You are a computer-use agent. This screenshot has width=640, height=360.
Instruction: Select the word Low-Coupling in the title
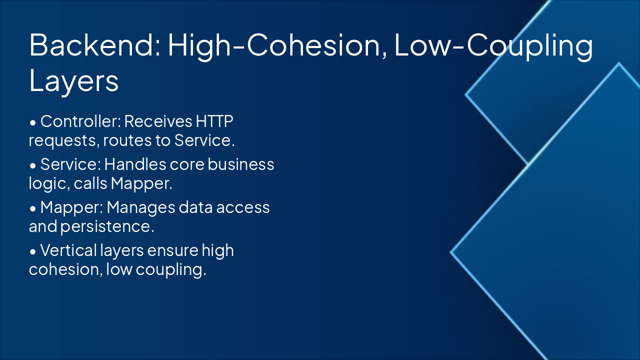(x=493, y=45)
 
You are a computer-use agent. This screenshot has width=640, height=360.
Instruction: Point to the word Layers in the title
(x=74, y=80)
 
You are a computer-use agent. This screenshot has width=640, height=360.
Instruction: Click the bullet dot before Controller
(x=33, y=122)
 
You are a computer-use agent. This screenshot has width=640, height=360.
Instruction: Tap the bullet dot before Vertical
(x=33, y=251)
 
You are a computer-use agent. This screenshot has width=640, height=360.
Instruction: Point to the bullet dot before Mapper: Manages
(x=33, y=208)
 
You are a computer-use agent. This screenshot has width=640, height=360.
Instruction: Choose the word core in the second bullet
(x=188, y=164)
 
